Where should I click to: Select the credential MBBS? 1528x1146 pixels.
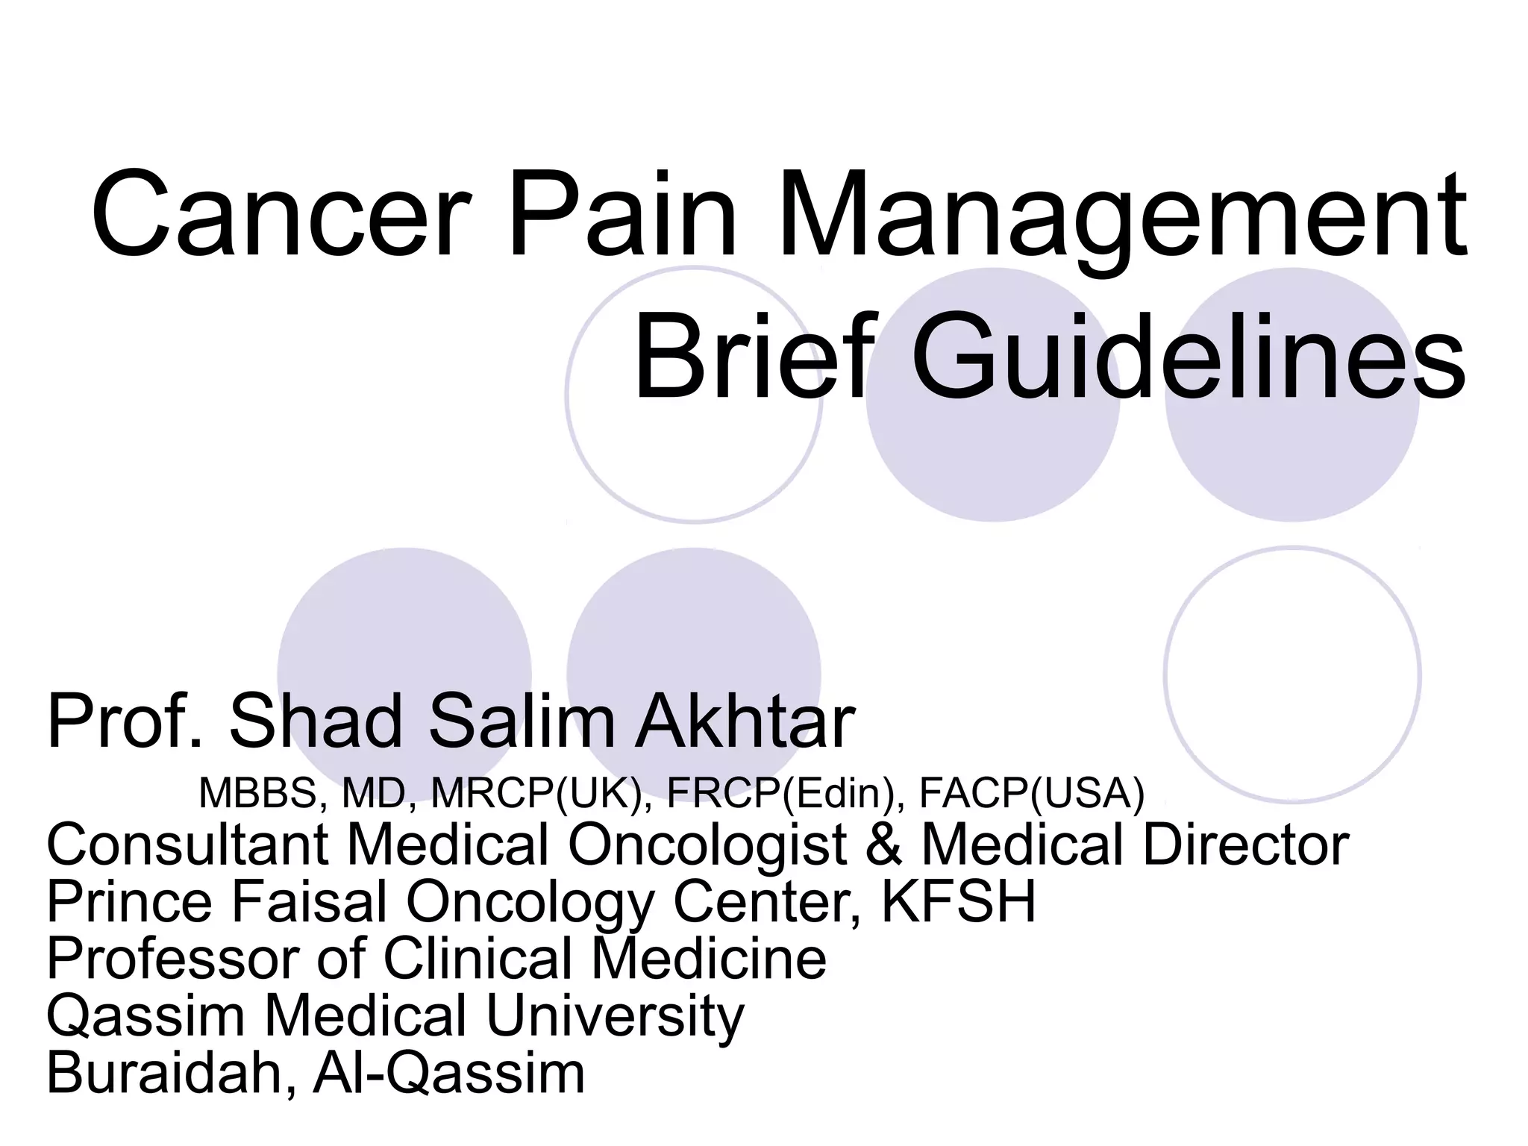pyautogui.click(x=258, y=792)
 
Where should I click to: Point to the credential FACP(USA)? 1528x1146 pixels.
pyautogui.click(x=1031, y=792)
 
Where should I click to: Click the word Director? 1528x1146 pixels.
pyautogui.click(x=1245, y=845)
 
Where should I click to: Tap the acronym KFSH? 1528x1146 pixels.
pyautogui.click(x=959, y=901)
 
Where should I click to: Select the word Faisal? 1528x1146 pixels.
pyautogui.click(x=310, y=901)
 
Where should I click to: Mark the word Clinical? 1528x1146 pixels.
pyautogui.click(x=477, y=958)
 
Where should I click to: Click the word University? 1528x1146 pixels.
pyautogui.click(x=616, y=1016)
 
